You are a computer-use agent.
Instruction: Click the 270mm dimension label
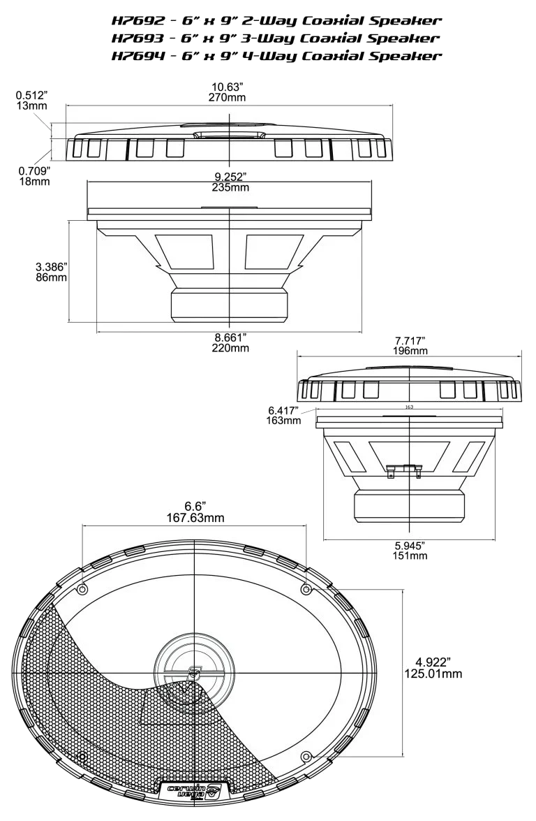click(x=227, y=97)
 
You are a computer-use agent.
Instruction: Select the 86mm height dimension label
click(x=50, y=277)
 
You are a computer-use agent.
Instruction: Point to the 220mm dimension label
click(x=231, y=347)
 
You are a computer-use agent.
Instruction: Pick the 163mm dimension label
click(x=283, y=421)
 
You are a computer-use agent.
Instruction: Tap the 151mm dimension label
click(x=410, y=556)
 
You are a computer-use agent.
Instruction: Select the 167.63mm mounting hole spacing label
click(x=195, y=518)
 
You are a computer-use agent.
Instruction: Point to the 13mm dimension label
click(x=30, y=106)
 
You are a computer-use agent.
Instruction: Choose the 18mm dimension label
click(x=33, y=182)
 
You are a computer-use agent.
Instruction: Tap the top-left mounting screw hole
click(x=82, y=589)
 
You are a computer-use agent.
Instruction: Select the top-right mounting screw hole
click(x=305, y=590)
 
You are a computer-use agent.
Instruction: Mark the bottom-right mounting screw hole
click(x=305, y=757)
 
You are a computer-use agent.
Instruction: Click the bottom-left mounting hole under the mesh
click(x=82, y=757)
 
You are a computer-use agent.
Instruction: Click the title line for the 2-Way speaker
click(x=278, y=22)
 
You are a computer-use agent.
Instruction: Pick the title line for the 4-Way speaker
click(x=278, y=56)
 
